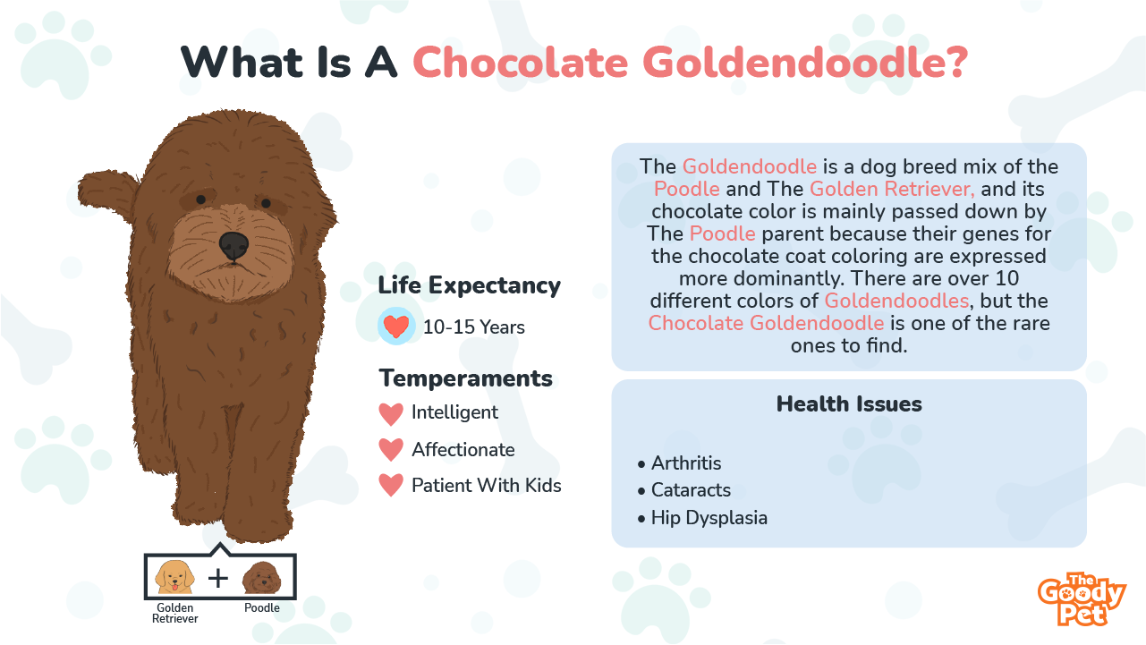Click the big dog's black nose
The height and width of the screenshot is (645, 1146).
(x=233, y=245)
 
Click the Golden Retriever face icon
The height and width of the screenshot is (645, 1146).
(x=175, y=577)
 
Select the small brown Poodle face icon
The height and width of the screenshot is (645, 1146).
(x=262, y=578)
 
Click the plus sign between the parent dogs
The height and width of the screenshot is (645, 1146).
(x=218, y=579)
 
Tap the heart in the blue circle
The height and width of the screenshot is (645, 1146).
(x=396, y=326)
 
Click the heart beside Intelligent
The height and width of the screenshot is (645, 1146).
(x=391, y=414)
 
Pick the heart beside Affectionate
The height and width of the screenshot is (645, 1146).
(x=391, y=450)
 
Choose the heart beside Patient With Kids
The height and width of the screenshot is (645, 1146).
(x=391, y=485)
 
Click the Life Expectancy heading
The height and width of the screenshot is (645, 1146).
(x=469, y=285)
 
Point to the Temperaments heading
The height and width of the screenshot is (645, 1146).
(x=465, y=378)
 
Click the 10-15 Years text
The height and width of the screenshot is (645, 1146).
(x=474, y=327)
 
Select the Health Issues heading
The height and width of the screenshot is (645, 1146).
(x=849, y=403)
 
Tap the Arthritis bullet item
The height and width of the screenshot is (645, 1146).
(x=680, y=463)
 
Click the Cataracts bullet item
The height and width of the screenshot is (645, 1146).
(x=684, y=490)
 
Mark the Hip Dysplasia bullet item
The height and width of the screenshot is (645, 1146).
(x=703, y=518)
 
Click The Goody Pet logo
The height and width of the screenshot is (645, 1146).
(x=1082, y=599)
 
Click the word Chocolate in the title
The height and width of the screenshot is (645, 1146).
(x=521, y=63)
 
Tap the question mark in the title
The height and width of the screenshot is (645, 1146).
(x=953, y=62)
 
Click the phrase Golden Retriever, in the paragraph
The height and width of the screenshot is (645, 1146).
(x=892, y=190)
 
